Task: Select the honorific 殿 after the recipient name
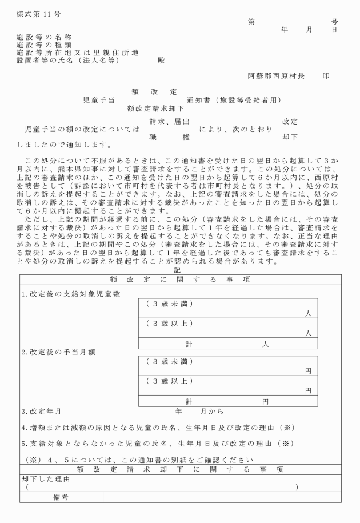coord(161,59)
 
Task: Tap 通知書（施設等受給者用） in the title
coord(234,99)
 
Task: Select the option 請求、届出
coord(169,122)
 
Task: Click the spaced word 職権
coord(169,137)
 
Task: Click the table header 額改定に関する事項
coord(180,279)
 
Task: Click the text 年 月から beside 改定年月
coord(199,411)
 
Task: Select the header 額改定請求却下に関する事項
coord(180,469)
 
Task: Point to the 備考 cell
coord(61,497)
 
